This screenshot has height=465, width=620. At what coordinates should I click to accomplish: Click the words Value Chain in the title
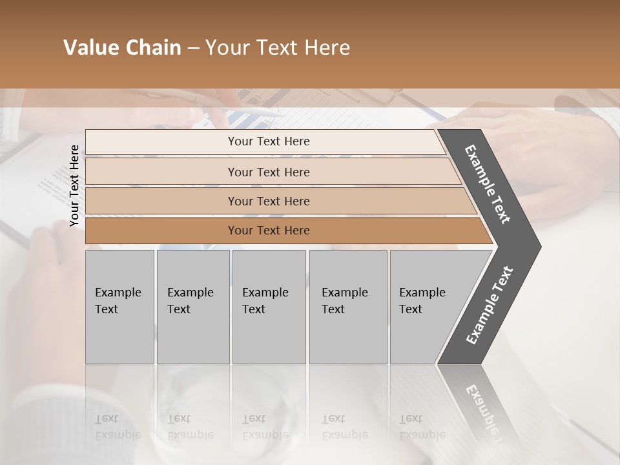click(x=122, y=48)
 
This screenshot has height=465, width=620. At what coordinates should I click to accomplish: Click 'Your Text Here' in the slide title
click(x=278, y=48)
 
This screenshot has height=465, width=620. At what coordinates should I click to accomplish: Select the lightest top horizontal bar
click(x=265, y=141)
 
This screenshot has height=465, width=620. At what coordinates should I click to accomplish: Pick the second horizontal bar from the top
click(x=268, y=172)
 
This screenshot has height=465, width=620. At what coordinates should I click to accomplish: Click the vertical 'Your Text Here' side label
click(x=74, y=185)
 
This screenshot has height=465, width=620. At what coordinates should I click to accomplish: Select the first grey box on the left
click(x=119, y=307)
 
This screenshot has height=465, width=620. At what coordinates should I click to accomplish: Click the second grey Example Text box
click(x=193, y=307)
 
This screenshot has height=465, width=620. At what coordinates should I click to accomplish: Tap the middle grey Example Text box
click(x=269, y=307)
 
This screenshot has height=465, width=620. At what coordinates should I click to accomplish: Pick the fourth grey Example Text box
click(x=348, y=307)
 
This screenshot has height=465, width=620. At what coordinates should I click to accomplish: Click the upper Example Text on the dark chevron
click(x=488, y=184)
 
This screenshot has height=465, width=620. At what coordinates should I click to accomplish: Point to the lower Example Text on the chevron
click(x=490, y=305)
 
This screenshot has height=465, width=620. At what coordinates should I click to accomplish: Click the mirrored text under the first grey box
click(x=118, y=427)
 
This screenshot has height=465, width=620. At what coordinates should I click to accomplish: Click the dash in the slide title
click(x=193, y=48)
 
